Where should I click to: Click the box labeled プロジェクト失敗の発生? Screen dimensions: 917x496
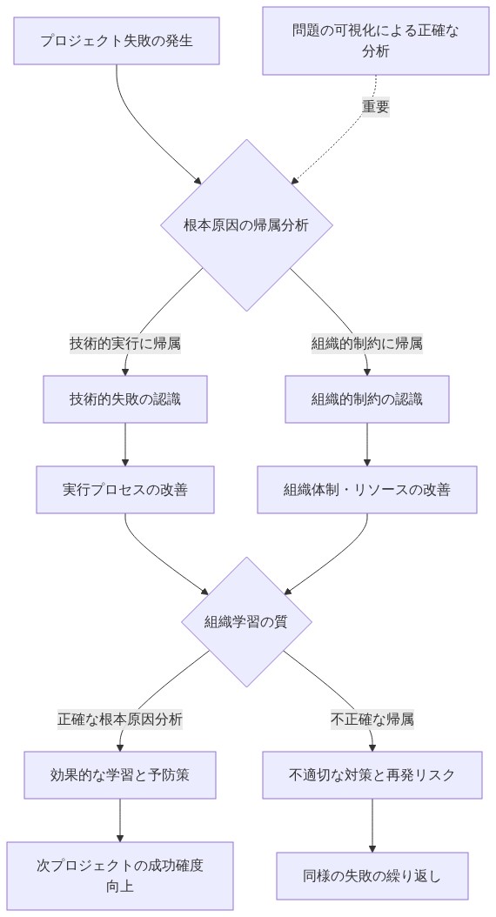(117, 41)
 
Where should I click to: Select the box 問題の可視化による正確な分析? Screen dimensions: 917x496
(376, 41)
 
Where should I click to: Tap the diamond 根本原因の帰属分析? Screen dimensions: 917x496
(246, 224)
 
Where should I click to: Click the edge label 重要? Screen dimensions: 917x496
(376, 107)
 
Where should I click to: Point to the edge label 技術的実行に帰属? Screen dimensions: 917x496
(125, 343)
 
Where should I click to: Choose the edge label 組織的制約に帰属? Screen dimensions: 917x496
(367, 343)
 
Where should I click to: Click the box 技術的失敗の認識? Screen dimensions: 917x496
(125, 399)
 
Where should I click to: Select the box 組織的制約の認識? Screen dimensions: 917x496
(367, 399)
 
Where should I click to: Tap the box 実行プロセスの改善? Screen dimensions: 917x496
(125, 489)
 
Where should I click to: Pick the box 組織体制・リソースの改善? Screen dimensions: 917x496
(367, 489)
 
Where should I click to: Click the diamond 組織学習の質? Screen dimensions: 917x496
(246, 621)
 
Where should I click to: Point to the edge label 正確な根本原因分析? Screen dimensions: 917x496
(120, 720)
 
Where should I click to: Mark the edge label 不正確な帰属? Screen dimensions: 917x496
(372, 720)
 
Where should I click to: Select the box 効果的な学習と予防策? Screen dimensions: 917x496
(120, 774)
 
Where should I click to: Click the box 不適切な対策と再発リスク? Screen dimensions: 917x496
(372, 774)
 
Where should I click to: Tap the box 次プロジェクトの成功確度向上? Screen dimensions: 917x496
(120, 875)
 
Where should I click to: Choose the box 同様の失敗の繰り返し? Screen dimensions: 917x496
(372, 875)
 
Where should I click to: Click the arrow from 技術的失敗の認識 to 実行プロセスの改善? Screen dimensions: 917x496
(125, 444)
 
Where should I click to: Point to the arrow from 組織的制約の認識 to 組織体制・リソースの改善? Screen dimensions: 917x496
(367, 444)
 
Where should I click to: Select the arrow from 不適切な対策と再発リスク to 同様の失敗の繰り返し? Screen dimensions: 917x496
(372, 825)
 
